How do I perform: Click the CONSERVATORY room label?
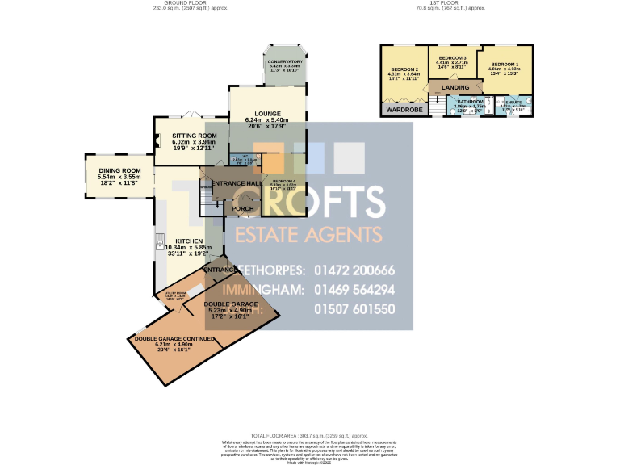[x=285, y=61]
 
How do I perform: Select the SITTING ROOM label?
[x=195, y=136]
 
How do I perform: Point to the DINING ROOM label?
[x=119, y=170]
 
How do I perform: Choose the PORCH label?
[x=243, y=209]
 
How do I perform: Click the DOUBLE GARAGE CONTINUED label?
[x=173, y=338]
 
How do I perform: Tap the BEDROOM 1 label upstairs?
[x=504, y=64]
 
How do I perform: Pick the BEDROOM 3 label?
[x=452, y=58]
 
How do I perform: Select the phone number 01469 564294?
[x=356, y=290]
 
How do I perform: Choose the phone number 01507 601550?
[x=356, y=309]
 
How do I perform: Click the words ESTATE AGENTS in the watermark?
[x=308, y=235]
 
